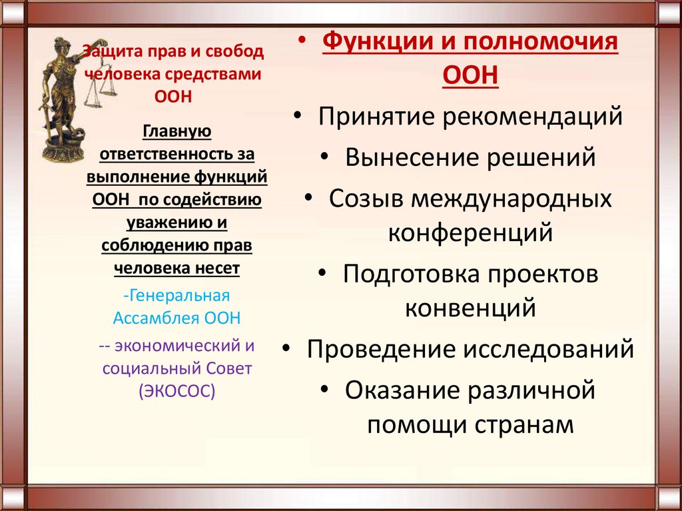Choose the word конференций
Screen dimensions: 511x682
[x=470, y=233]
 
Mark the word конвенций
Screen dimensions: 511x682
[x=470, y=308]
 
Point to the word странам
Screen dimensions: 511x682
[x=531, y=424]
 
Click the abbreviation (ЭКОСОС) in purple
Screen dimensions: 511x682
[x=176, y=390]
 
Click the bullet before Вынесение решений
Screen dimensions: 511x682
[x=324, y=157]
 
